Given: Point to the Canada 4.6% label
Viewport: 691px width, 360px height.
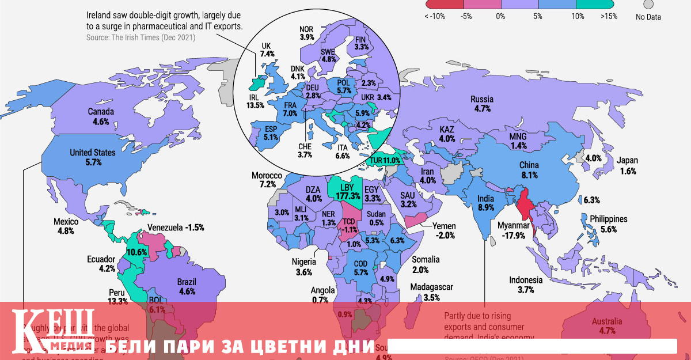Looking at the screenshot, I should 100,116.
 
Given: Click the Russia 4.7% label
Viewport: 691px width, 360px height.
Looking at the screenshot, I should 481,103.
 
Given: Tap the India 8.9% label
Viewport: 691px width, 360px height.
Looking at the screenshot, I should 486,203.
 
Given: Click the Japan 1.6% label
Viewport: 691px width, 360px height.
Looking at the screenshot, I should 628,166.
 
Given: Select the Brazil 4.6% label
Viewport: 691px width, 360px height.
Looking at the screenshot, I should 187,287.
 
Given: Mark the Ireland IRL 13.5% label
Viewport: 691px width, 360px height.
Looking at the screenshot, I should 256,101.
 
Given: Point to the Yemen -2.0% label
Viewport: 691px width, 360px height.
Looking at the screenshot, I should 446,230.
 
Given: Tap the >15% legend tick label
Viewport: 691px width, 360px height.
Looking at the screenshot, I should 609,17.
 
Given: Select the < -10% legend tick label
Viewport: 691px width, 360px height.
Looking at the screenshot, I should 435,17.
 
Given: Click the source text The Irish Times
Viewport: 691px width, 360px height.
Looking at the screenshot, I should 142,38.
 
